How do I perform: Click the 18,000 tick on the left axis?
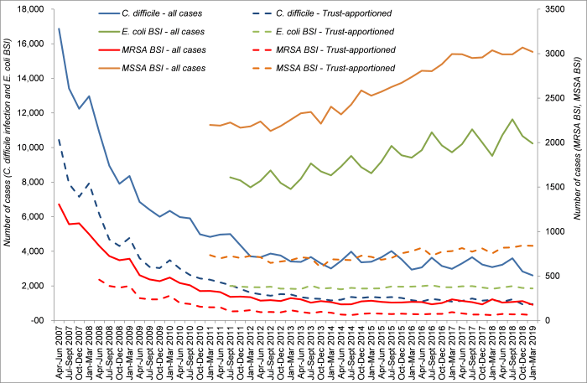(x=35, y=9)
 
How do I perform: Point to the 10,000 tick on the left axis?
(x=35, y=148)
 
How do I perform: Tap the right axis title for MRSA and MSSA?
(x=578, y=164)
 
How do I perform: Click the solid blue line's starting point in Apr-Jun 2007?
(x=59, y=28)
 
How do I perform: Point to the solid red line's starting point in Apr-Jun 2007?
(x=59, y=204)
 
